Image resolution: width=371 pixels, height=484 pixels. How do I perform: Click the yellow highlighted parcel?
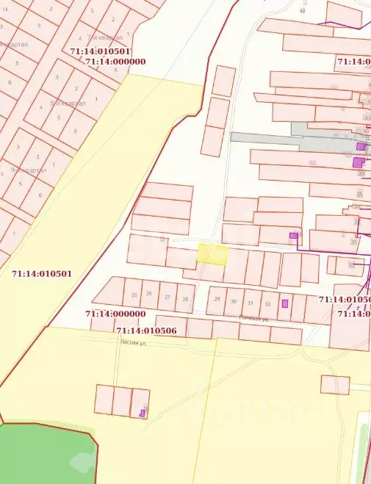212,254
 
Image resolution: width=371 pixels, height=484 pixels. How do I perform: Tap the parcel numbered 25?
134,295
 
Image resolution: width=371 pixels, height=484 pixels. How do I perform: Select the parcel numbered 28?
184,298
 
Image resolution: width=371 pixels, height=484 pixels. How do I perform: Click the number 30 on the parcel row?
234,301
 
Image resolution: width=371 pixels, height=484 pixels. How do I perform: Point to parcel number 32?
267,303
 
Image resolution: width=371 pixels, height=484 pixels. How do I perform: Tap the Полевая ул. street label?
254,319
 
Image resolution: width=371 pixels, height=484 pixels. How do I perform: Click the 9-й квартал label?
29,170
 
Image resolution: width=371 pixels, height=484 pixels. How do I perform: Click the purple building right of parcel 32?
285,303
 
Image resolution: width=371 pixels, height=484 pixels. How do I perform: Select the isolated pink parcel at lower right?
335,384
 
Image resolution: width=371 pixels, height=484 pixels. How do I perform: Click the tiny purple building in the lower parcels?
143,413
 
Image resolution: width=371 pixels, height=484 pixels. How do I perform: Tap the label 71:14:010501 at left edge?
42,274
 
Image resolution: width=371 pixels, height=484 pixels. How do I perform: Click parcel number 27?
168,297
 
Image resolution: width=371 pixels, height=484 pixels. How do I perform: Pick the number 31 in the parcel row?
251,303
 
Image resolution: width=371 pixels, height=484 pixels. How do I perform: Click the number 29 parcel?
217,298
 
